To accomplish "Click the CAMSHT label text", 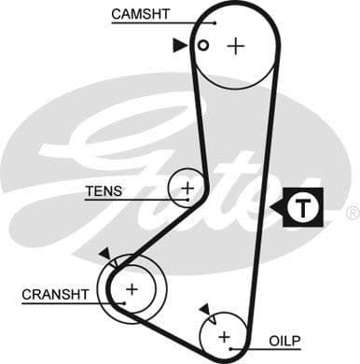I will pyautogui.click(x=141, y=13).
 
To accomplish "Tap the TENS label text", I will pyautogui.click(x=103, y=190).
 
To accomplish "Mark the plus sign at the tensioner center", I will pyautogui.click(x=187, y=188).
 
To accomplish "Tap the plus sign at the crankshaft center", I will pyautogui.click(x=131, y=289).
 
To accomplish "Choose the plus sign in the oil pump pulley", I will pyautogui.click(x=224, y=335).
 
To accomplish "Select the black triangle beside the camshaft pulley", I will pyautogui.click(x=178, y=45).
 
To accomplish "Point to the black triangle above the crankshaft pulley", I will pyautogui.click(x=104, y=253).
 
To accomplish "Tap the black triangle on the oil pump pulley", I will pyautogui.click(x=203, y=308).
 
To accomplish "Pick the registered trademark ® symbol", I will pyautogui.click(x=352, y=214).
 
